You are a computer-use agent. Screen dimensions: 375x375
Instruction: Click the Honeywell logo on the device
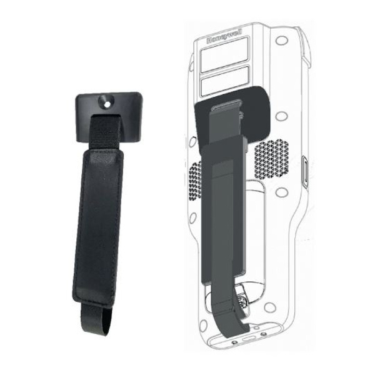(x=224, y=36)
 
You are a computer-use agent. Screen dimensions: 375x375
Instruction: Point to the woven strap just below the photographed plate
(x=106, y=133)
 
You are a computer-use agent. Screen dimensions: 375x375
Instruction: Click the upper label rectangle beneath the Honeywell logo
(x=224, y=55)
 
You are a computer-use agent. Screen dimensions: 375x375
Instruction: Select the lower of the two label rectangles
(x=225, y=80)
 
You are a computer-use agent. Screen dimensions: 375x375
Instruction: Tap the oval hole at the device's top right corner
(x=281, y=40)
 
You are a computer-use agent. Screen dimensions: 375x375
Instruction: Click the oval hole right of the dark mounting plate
(x=281, y=116)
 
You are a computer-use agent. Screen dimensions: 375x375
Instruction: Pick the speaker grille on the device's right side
(x=272, y=159)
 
